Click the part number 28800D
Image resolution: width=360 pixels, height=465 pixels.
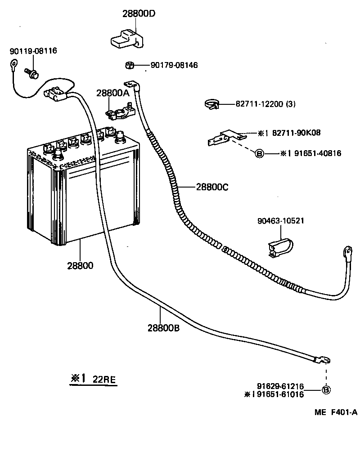[139, 13]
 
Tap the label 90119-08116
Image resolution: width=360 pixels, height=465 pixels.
[33, 51]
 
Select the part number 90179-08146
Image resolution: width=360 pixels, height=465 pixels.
[174, 65]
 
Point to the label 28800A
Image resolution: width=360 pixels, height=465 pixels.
[113, 93]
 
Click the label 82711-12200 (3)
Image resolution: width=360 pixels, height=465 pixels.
[265, 104]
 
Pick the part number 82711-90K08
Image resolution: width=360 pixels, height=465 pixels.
[296, 133]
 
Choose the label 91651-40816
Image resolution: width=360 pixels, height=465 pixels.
[318, 153]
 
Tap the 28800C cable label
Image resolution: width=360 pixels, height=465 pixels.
[212, 187]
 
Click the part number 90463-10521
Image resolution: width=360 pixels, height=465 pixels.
[281, 221]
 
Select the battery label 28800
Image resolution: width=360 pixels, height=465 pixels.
[80, 265]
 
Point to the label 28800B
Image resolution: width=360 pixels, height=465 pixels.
[163, 328]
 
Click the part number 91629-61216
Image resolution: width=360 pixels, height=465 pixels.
[280, 386]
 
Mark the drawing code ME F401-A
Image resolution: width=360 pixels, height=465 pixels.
[336, 412]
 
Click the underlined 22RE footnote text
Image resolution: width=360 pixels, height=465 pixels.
[104, 379]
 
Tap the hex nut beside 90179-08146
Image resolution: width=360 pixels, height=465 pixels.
[130, 65]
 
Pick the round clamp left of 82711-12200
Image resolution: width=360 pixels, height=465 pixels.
[211, 104]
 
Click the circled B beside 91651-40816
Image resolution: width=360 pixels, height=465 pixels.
[259, 154]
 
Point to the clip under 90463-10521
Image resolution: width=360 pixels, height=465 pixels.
[280, 247]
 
